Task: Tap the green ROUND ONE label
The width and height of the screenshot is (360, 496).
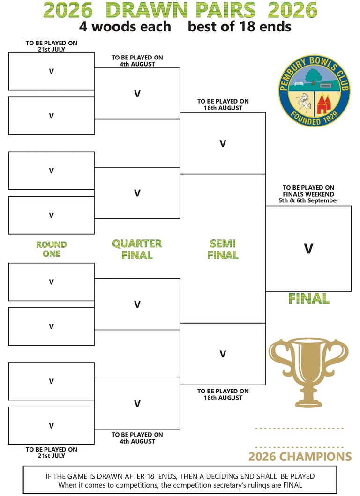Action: pyautogui.click(x=52, y=249)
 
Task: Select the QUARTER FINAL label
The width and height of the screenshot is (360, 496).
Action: pyautogui.click(x=137, y=249)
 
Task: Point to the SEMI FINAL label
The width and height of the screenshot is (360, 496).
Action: pyautogui.click(x=223, y=249)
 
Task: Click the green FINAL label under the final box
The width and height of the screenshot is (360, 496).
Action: pyautogui.click(x=308, y=298)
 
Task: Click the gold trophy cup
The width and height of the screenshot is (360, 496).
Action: pyautogui.click(x=308, y=370)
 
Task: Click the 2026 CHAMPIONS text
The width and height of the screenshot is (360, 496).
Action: pyautogui.click(x=300, y=457)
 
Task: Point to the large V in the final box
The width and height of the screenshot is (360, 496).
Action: pyautogui.click(x=308, y=249)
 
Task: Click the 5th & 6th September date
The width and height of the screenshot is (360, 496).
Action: pyautogui.click(x=308, y=200)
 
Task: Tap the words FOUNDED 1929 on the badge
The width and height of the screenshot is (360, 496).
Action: pyautogui.click(x=314, y=119)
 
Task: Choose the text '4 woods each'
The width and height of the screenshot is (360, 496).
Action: pyautogui.click(x=125, y=27)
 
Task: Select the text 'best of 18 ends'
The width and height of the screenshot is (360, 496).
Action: pyautogui.click(x=240, y=27)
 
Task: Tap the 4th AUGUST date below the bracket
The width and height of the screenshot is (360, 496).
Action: pyautogui.click(x=137, y=441)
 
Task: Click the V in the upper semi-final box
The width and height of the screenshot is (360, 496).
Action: pyautogui.click(x=223, y=143)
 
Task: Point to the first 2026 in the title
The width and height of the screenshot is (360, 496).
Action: pyautogui.click(x=67, y=10)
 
